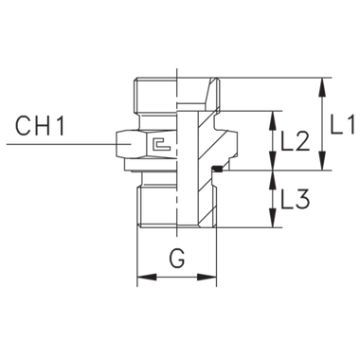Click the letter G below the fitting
coord(176,255)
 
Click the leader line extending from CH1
coord(57,142)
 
